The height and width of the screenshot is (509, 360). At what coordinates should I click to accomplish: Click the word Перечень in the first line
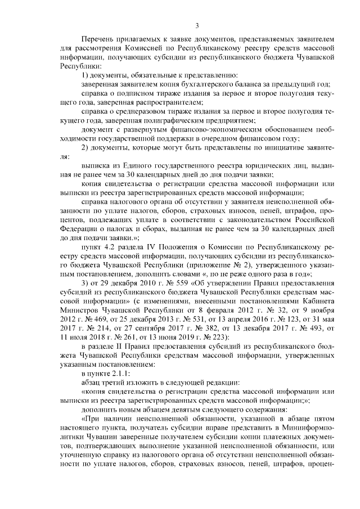pos(98,40)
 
